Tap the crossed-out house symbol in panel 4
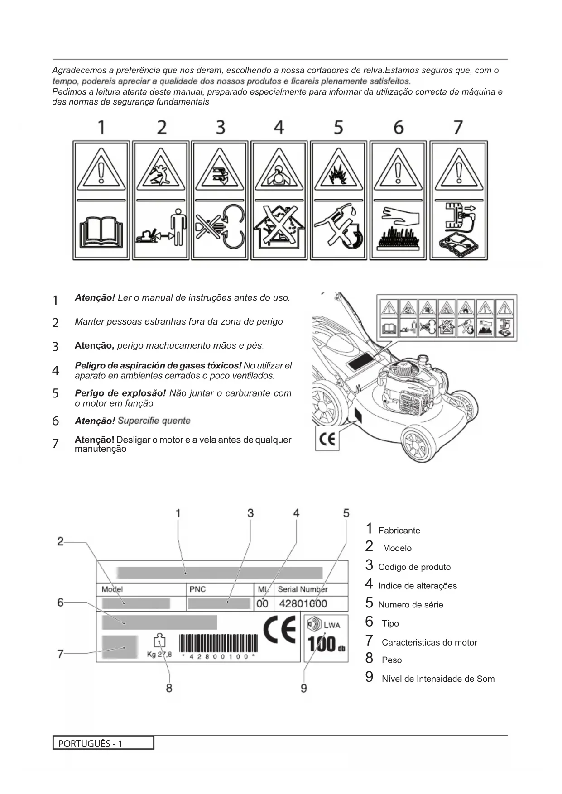(279, 229)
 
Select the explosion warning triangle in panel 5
(338, 171)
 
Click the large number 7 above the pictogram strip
(458, 127)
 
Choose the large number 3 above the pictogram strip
(220, 127)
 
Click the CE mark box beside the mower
(327, 440)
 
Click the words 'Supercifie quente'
(154, 421)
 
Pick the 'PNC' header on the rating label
(197, 589)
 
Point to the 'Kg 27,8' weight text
(159, 654)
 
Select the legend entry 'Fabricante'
(399, 531)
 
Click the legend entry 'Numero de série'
(410, 605)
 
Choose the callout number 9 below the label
(304, 688)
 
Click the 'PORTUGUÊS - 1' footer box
(103, 743)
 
